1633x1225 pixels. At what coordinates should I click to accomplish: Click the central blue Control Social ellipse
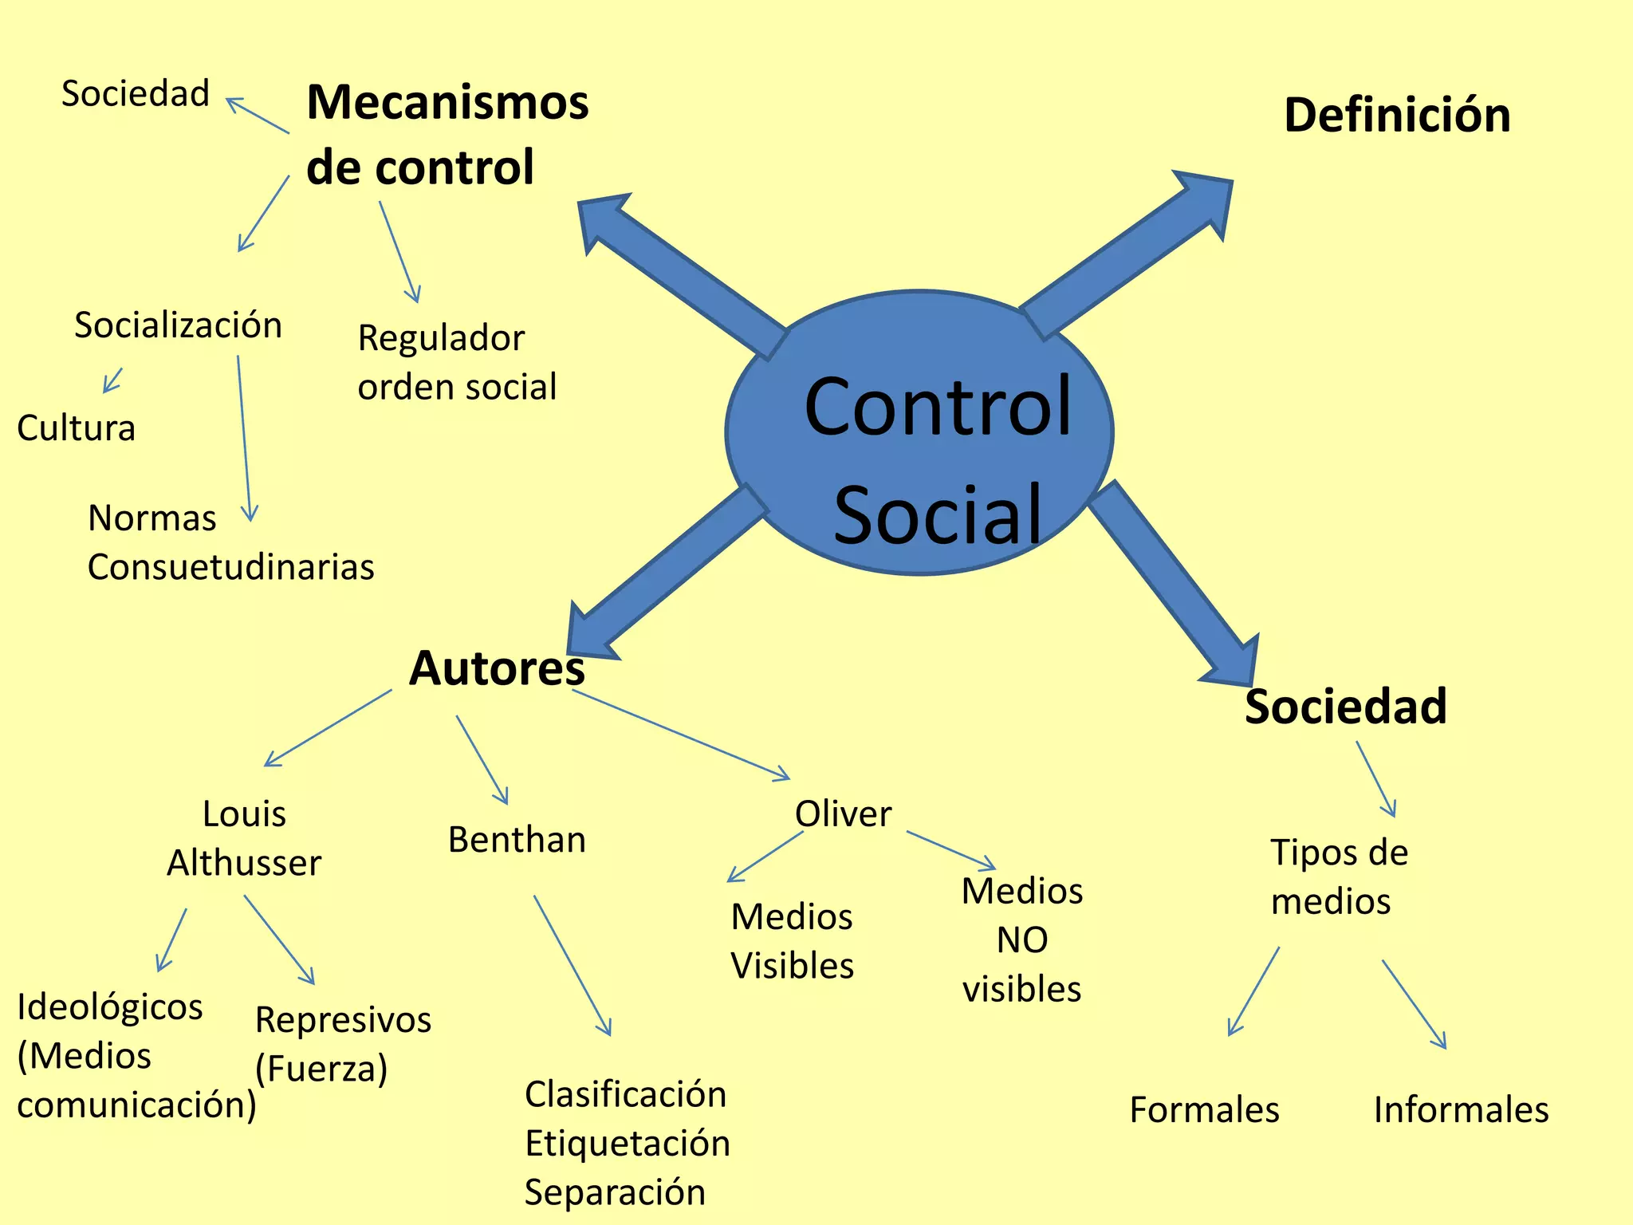[x=919, y=432]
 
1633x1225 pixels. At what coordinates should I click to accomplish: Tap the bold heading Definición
[x=1397, y=115]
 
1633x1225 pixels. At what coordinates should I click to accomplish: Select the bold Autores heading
[x=497, y=668]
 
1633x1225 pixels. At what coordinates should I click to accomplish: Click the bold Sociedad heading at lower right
[x=1346, y=707]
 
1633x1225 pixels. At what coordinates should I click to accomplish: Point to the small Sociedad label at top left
[x=136, y=94]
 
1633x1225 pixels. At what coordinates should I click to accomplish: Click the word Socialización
[x=178, y=325]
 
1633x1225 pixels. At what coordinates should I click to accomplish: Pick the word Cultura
[x=77, y=428]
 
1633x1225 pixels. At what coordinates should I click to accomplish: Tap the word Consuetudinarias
[x=230, y=567]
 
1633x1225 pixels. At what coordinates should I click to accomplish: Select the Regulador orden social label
[x=456, y=362]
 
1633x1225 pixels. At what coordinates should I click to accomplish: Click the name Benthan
[x=517, y=840]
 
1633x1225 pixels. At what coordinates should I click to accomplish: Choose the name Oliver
[x=843, y=814]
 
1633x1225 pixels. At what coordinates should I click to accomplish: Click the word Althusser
[x=244, y=863]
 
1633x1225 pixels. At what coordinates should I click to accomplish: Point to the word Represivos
[x=343, y=1020]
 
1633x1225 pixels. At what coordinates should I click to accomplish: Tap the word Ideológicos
[x=110, y=1007]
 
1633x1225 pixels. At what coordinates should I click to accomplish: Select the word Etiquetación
[x=628, y=1144]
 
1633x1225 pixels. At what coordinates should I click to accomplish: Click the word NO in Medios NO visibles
[x=1021, y=940]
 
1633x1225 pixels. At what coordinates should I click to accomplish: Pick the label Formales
[x=1204, y=1110]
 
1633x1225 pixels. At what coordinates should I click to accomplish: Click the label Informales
[x=1461, y=1110]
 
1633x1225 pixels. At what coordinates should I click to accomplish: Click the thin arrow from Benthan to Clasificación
[x=572, y=965]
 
